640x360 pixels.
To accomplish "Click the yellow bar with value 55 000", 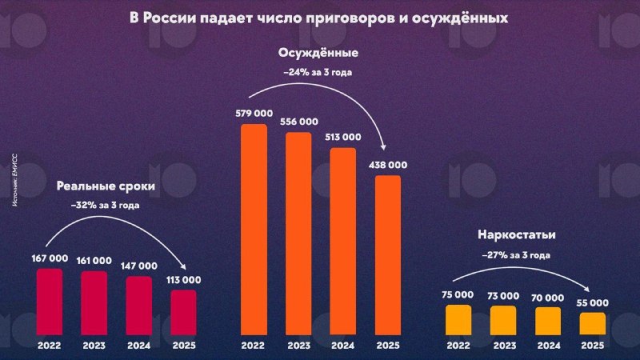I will coord(593,322).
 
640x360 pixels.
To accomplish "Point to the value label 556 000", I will coord(298,122).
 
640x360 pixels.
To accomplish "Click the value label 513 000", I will coord(343,137).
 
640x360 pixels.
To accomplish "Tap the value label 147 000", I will coord(139,266).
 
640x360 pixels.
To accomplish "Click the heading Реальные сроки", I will coord(106,187).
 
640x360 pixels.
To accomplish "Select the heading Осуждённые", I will coord(318,54).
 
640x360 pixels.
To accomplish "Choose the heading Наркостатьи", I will coord(517,235).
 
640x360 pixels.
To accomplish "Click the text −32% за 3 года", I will coord(106,206).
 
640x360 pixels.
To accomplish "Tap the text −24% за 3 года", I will coord(318,72).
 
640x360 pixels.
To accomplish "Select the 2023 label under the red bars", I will coord(94,346).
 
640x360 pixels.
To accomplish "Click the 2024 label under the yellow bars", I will coord(548,346).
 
